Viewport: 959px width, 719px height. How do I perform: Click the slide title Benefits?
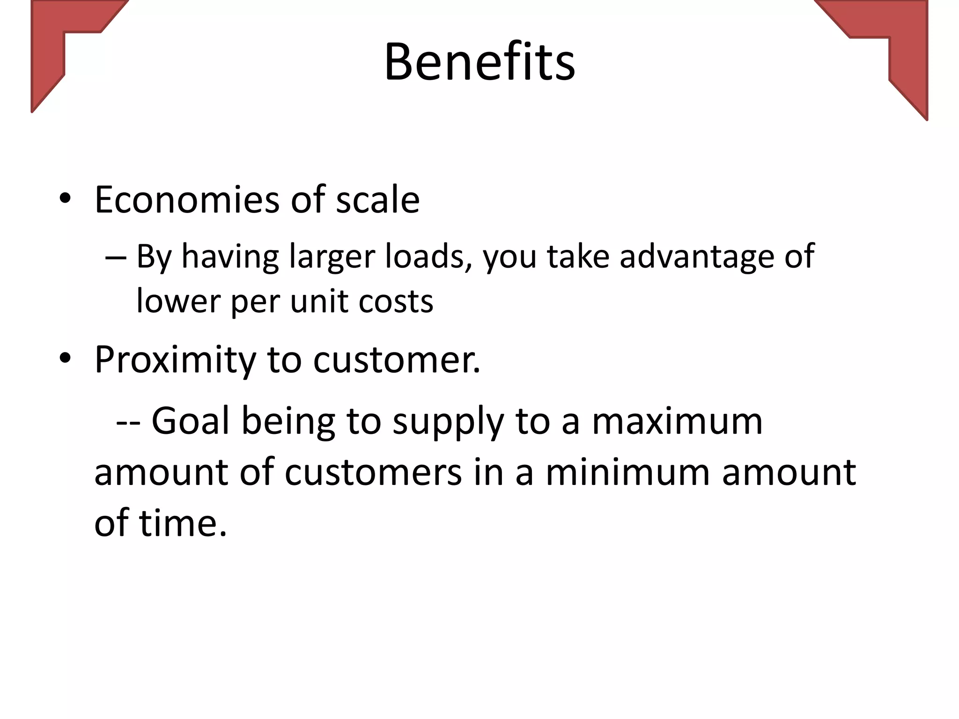point(479,62)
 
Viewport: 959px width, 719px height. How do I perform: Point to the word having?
point(230,257)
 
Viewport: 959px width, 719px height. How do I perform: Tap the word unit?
point(319,301)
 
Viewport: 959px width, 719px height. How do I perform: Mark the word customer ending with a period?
point(397,360)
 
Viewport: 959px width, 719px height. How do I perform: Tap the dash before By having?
point(116,258)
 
